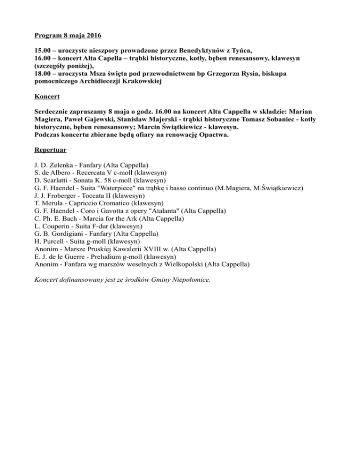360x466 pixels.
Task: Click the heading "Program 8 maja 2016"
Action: click(68, 36)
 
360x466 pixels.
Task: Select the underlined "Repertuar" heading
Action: click(51, 151)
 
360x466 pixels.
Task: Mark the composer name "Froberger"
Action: click(65, 196)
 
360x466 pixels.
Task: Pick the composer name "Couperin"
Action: click(58, 226)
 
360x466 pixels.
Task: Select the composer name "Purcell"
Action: click(58, 241)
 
